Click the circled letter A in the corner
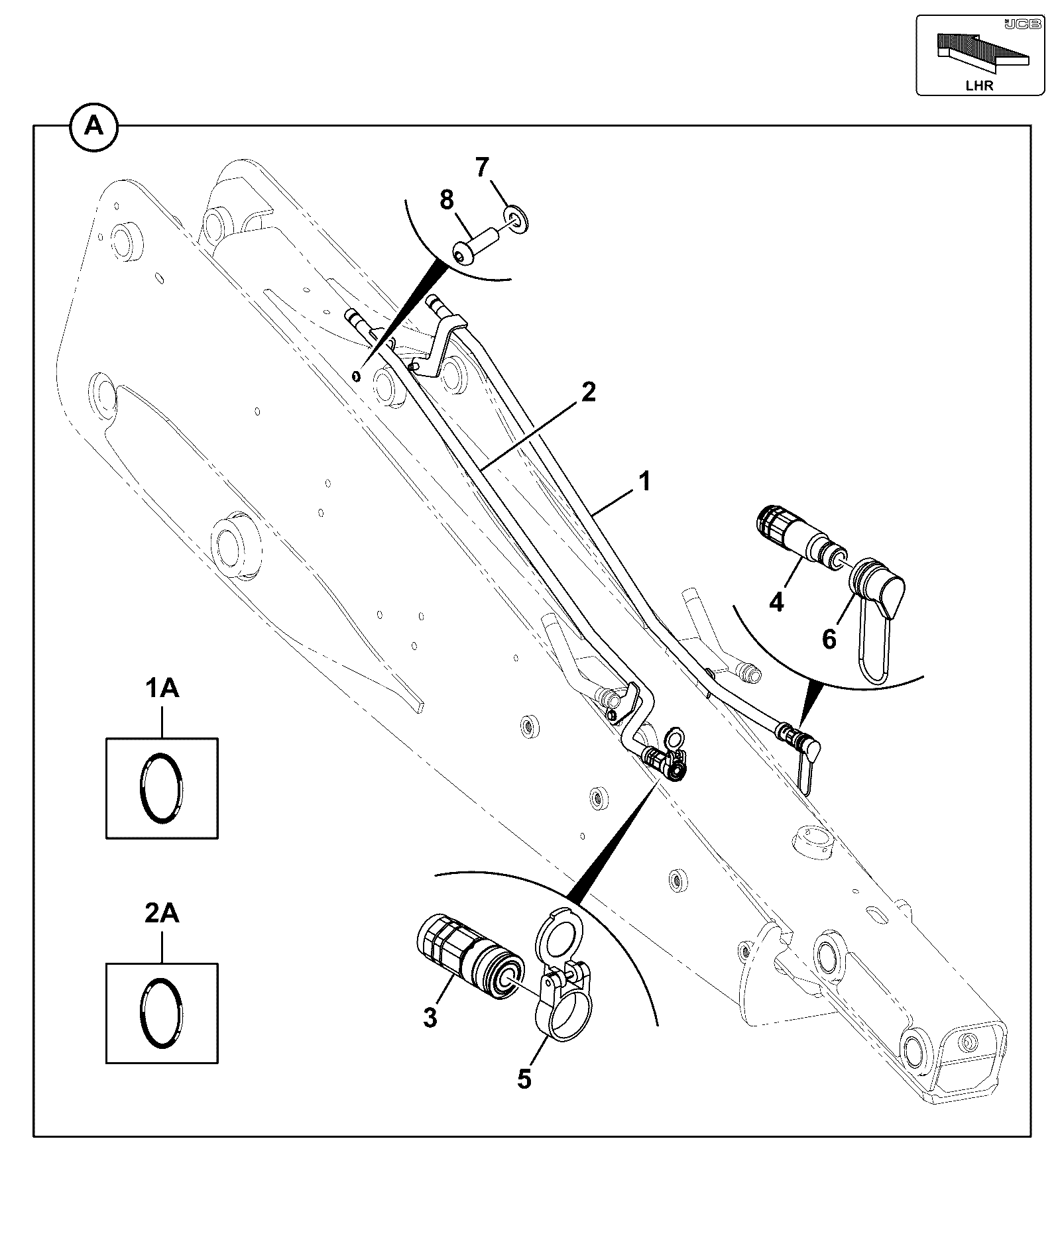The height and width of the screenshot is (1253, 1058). pos(94,126)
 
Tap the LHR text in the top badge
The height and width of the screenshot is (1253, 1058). pos(979,85)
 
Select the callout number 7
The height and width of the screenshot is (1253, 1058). pos(482,168)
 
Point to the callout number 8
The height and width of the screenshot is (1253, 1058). pos(447,199)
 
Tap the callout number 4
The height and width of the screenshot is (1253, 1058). pos(776,602)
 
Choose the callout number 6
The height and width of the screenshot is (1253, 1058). pos(829,639)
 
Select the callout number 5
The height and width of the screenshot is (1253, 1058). pos(524,1079)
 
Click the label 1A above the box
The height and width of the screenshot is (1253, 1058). pos(162,689)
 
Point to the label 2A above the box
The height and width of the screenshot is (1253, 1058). pos(162,914)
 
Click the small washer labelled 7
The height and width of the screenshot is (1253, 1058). pos(516,219)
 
